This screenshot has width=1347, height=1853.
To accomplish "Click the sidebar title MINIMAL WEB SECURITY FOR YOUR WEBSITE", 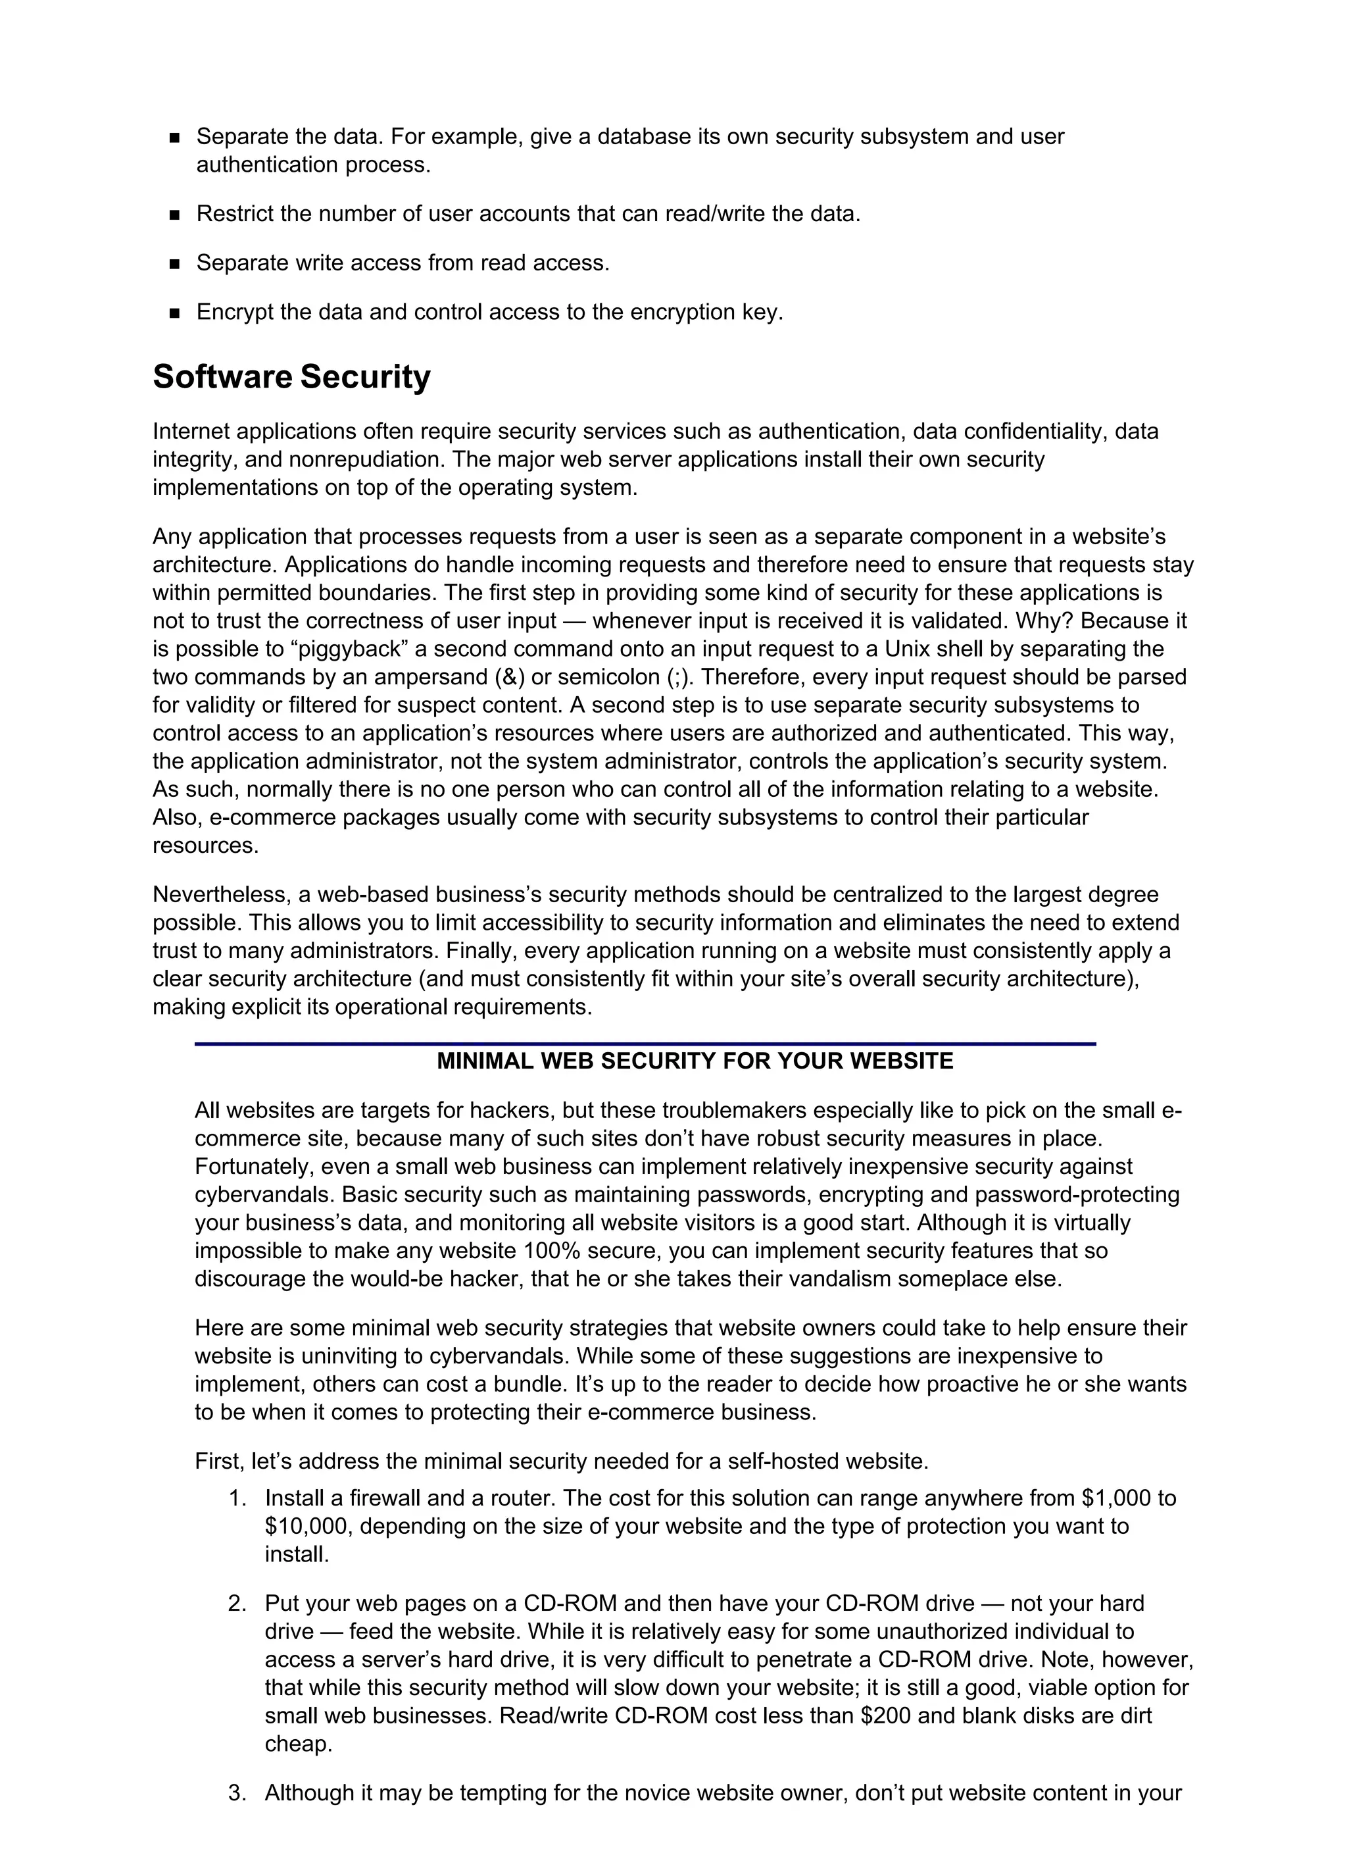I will pos(695,1061).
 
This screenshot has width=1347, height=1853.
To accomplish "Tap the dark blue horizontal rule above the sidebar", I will pos(645,1044).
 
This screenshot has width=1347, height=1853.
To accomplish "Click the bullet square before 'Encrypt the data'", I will pos(174,313).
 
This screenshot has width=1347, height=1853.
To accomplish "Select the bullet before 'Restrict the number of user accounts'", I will pos(174,215).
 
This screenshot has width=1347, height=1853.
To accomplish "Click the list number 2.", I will pos(237,1603).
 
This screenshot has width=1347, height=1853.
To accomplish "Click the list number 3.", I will pos(237,1792).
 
